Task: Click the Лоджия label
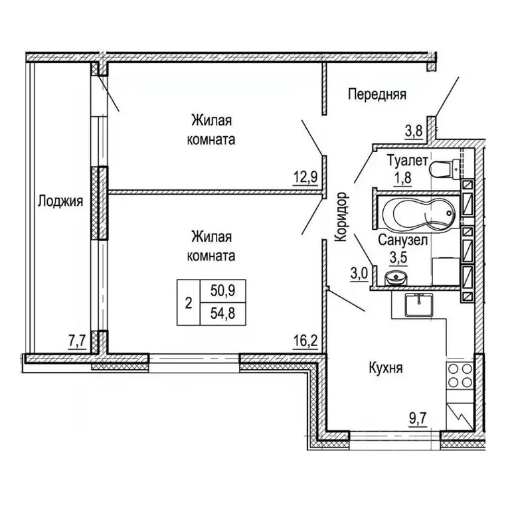tap(60, 202)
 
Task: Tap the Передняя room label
tap(377, 94)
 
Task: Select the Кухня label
tap(386, 368)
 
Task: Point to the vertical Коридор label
tap(341, 216)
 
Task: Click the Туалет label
tap(407, 160)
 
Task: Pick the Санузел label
tap(402, 240)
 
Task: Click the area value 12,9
tap(305, 177)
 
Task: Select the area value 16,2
tap(305, 342)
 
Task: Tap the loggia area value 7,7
tap(77, 341)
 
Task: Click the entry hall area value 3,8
tap(414, 131)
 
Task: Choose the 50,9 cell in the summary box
tap(223, 290)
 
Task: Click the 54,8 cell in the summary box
tap(223, 314)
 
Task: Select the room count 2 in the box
tap(189, 303)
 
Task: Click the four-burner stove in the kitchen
tap(460, 375)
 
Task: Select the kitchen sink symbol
tap(419, 305)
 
